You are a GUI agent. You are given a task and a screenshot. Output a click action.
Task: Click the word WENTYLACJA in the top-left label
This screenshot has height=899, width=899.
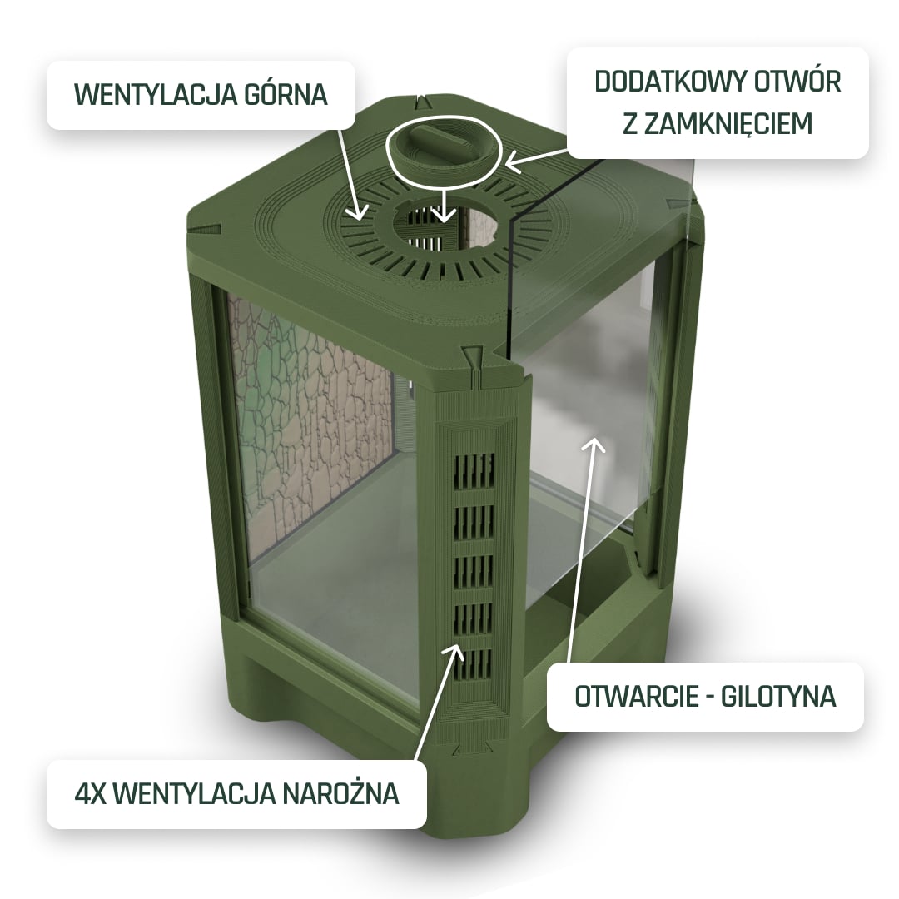pos(156,95)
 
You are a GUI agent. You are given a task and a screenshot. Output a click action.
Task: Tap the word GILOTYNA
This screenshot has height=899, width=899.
pos(778,696)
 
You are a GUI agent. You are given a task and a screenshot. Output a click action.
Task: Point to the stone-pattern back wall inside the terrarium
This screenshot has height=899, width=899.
pos(310,425)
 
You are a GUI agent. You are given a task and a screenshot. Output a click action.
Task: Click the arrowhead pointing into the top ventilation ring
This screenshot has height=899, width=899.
pos(359,213)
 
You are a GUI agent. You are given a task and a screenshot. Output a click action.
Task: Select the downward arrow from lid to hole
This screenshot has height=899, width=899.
pos(445,203)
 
